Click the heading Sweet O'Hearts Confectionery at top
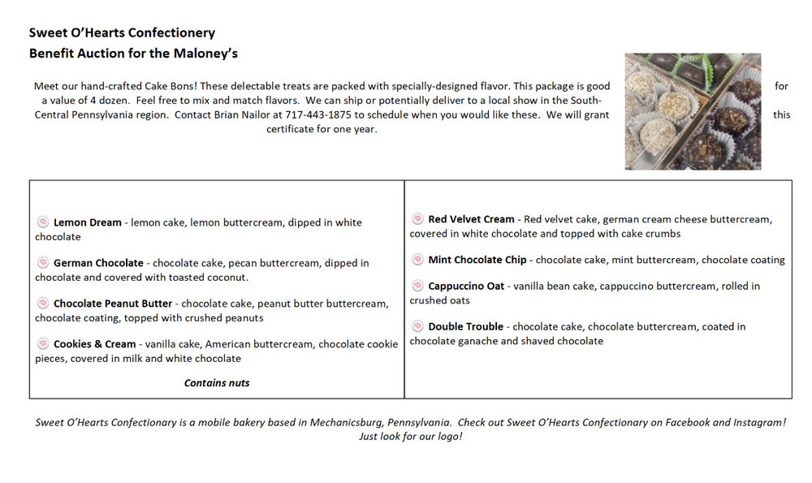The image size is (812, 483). coord(122,33)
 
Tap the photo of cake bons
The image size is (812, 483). coord(693,111)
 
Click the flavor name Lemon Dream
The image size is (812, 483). coord(88,222)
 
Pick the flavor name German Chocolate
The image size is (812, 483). coord(98,263)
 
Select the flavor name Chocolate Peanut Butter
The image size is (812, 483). coord(113,304)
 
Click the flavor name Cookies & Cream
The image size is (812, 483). coord(95,344)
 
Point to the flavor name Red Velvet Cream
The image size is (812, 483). coord(471,219)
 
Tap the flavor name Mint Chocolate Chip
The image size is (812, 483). coord(477,260)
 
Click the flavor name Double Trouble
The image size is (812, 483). coord(465,326)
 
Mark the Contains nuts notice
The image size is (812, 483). coord(217,383)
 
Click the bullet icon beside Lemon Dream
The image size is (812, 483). coord(43,222)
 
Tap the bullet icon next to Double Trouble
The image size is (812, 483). coord(417,326)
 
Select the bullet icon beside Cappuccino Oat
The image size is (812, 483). coord(417,286)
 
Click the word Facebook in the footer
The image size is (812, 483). coord(687,423)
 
